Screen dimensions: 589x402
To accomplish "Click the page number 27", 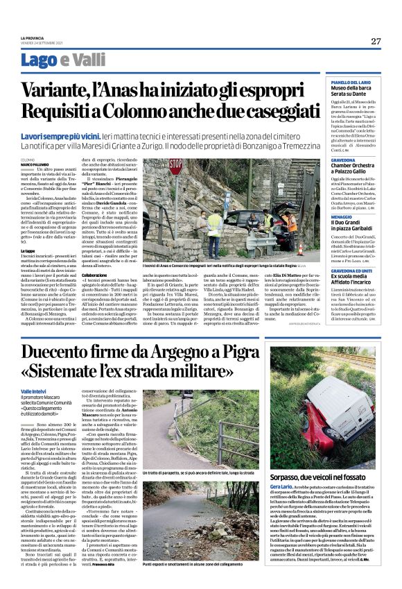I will (x=376, y=41).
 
